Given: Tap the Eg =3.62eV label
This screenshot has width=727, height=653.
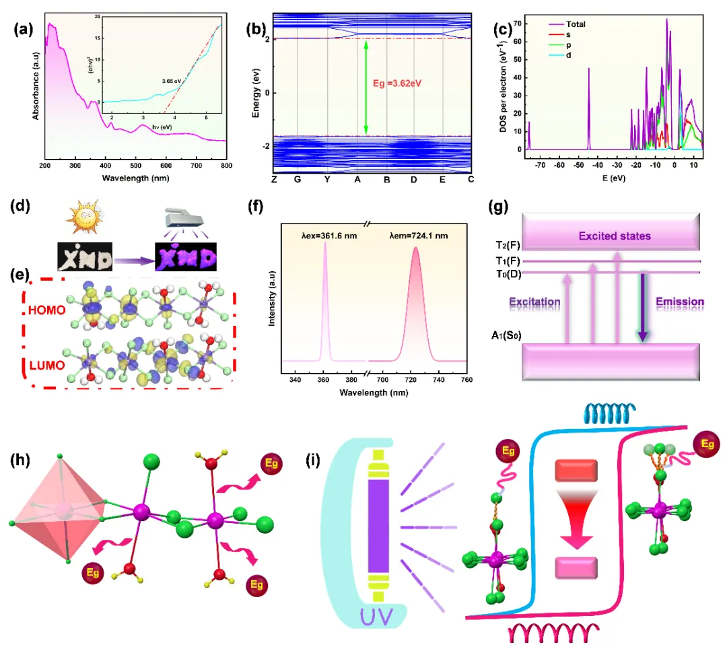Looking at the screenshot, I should [402, 84].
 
